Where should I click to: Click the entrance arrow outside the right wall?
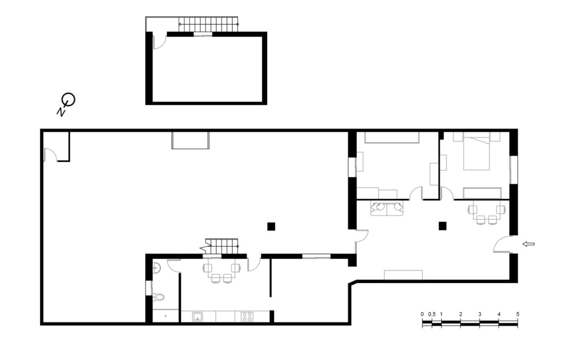click(529, 244)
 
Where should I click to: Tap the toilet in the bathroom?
click(158, 297)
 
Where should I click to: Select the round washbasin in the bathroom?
click(156, 268)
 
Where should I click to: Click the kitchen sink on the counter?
click(197, 316)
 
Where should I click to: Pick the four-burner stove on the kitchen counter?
click(247, 316)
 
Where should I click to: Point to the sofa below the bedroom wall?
click(387, 208)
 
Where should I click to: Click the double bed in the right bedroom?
click(476, 152)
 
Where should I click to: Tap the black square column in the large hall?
click(271, 226)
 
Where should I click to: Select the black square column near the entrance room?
click(443, 226)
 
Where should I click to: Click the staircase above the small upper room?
click(208, 24)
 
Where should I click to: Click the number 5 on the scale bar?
click(517, 314)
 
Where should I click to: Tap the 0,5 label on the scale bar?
click(432, 314)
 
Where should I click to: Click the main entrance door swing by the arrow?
click(503, 244)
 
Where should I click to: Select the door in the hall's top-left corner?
click(50, 154)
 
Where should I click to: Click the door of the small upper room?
click(159, 41)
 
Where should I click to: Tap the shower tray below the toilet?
click(165, 316)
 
